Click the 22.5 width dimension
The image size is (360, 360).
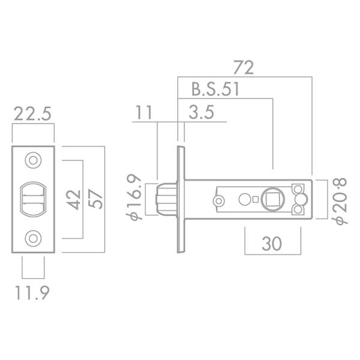32,114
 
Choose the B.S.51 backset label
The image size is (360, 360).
215,90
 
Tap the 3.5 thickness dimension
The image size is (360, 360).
200,113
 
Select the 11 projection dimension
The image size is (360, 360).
144,113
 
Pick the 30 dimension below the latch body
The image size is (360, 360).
272,244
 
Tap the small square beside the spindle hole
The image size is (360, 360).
256,199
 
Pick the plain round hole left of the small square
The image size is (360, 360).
244,199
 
